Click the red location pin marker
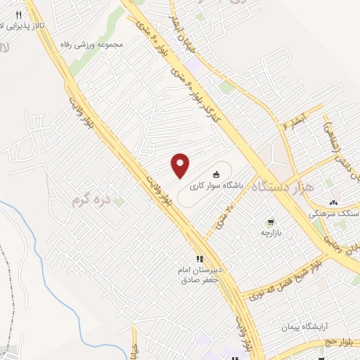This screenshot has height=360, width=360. click(181, 165)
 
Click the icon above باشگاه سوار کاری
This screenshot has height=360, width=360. click(216, 174)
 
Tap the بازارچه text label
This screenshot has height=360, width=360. click(271, 232)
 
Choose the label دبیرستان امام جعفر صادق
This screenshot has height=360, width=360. click(199, 275)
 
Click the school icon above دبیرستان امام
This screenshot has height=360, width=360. click(200, 258)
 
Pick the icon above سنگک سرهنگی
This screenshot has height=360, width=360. click(333, 202)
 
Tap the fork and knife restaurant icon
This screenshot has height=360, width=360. click(19, 15)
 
